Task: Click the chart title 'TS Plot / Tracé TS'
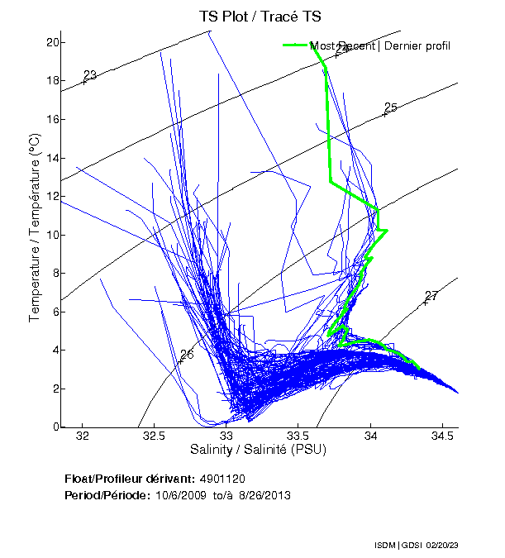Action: click(x=260, y=16)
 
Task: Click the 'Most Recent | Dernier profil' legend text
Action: click(x=380, y=45)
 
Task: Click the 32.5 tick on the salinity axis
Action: click(x=155, y=436)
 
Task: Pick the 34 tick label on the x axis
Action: click(x=370, y=436)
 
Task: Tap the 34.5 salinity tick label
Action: click(x=442, y=436)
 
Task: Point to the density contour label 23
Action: click(x=90, y=75)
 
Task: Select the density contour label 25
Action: click(x=391, y=107)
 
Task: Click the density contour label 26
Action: click(x=187, y=355)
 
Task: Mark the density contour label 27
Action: click(x=431, y=296)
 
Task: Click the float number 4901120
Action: click(x=222, y=479)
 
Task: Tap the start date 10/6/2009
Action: click(x=179, y=495)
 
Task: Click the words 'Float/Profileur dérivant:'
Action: click(x=129, y=479)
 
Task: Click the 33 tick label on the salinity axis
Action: click(x=226, y=436)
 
